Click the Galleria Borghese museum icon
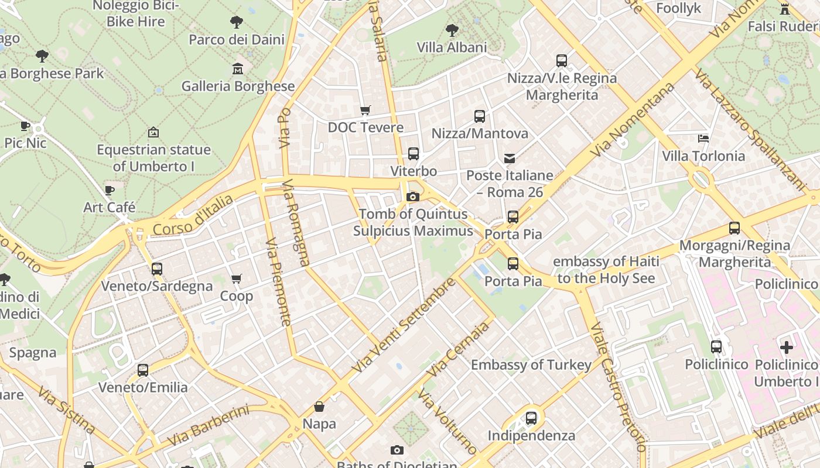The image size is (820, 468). [237, 69]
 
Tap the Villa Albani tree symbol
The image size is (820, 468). [452, 30]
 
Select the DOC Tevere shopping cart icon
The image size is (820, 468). [365, 111]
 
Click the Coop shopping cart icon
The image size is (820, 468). [237, 279]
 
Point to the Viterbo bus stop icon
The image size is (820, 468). [414, 154]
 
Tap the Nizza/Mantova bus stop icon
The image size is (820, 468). [480, 116]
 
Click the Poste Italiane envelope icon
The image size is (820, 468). [510, 159]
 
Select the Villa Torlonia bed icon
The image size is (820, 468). [703, 139]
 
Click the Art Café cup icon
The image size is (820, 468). [110, 190]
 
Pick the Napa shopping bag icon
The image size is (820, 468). [319, 407]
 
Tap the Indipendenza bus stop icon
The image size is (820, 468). [531, 418]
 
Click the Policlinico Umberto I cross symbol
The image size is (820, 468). [786, 347]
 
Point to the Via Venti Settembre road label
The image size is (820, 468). [404, 325]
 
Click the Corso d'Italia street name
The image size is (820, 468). [193, 215]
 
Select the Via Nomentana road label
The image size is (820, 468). [633, 120]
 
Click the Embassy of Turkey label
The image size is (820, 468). [531, 365]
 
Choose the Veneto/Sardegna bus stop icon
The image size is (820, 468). [157, 269]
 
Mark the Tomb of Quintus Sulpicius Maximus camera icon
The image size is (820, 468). [413, 197]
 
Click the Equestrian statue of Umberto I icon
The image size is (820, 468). [153, 133]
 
